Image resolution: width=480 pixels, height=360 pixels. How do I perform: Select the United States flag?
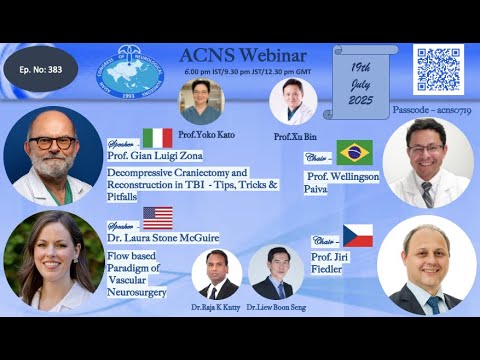[157, 217]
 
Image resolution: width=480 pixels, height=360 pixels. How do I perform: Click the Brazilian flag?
[355, 152]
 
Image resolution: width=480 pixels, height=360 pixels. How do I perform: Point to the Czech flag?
[357, 236]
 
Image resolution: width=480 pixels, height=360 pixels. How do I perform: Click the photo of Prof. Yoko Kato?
[201, 102]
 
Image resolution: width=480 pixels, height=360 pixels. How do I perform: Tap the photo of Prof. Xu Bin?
[293, 101]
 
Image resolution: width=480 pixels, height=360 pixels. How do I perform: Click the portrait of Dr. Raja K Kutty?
[216, 274]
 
